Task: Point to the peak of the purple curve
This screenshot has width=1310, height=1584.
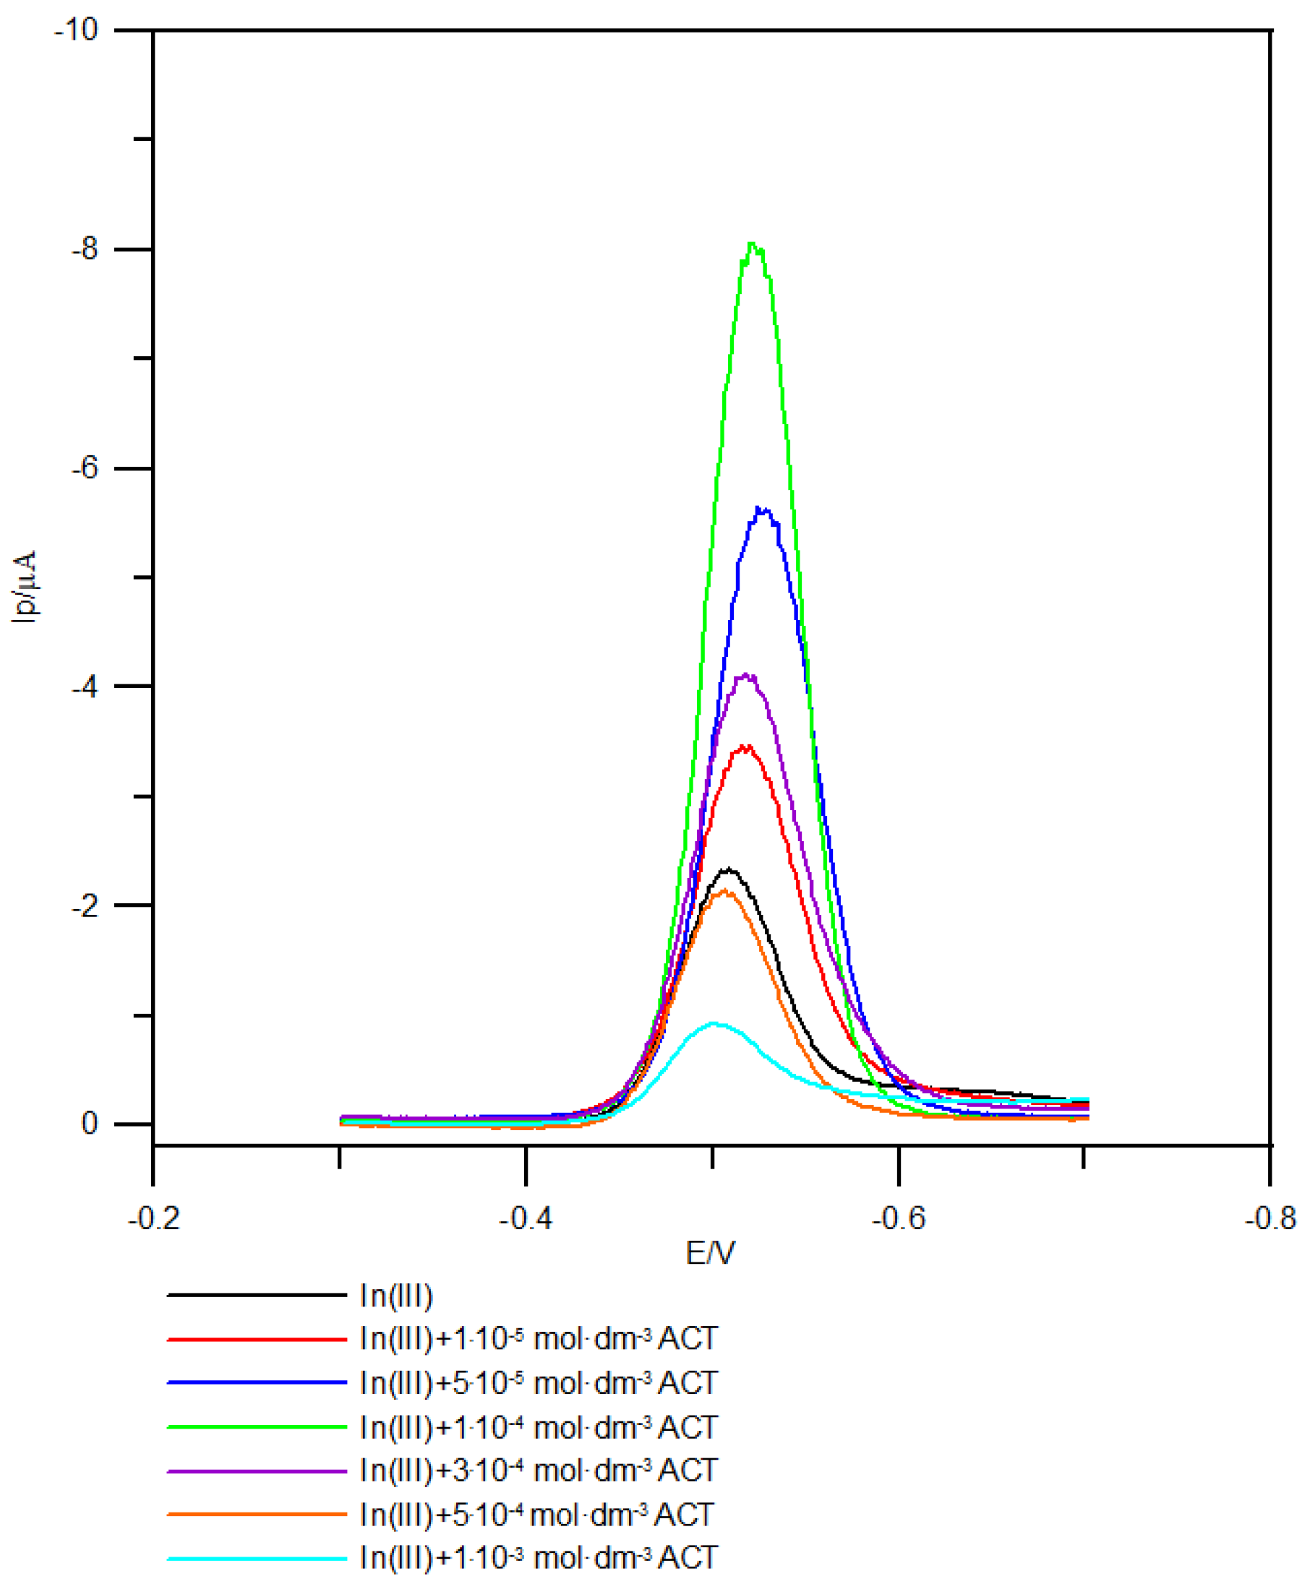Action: coord(746,675)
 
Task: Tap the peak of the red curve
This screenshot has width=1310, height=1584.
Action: coord(745,746)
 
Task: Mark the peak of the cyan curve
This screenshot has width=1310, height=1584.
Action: coord(714,1023)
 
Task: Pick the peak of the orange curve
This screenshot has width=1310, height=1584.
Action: coord(725,891)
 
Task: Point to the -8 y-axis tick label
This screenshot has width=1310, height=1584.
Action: coord(85,250)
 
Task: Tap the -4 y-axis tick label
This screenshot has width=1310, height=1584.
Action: coord(85,687)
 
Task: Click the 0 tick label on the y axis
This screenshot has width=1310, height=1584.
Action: coord(90,1124)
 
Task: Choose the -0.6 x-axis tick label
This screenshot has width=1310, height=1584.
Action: coord(898,1219)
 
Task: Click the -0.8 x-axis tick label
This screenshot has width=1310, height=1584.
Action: coord(1270,1219)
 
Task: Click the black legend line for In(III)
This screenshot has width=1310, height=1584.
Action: coord(257,1316)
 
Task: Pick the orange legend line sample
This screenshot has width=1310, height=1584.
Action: coord(257,1515)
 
